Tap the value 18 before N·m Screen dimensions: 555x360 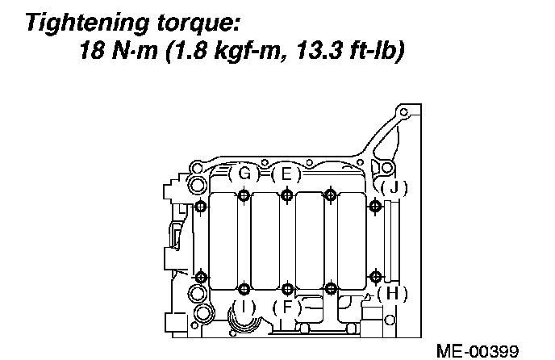(x=92, y=50)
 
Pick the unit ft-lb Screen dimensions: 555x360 (x=373, y=50)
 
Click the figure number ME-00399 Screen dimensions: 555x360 (x=478, y=351)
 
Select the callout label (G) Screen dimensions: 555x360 (x=244, y=174)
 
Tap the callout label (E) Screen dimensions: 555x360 (x=286, y=174)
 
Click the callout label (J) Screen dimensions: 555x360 (x=394, y=187)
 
